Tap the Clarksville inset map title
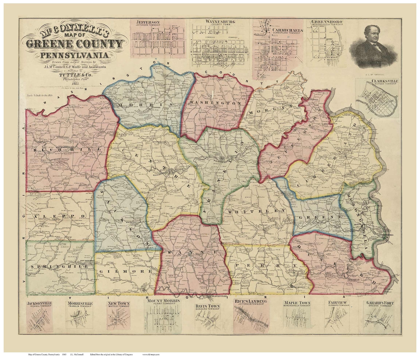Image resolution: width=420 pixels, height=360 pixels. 377,81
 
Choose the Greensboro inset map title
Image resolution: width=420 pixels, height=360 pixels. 327,21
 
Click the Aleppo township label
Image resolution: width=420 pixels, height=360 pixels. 60,216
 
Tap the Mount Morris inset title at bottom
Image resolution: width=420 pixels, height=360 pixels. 163,301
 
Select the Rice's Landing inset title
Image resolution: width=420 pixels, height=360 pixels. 250,301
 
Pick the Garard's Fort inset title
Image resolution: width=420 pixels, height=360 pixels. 380,303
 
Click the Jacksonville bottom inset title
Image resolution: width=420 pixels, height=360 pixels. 39,303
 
